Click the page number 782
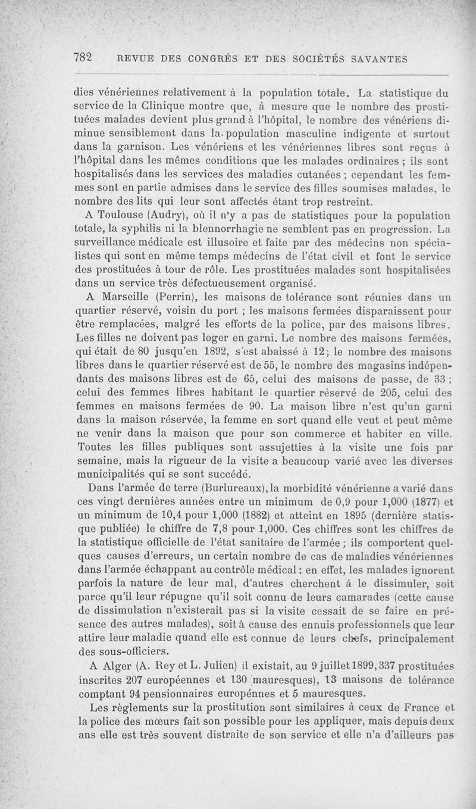[x=83, y=58]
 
